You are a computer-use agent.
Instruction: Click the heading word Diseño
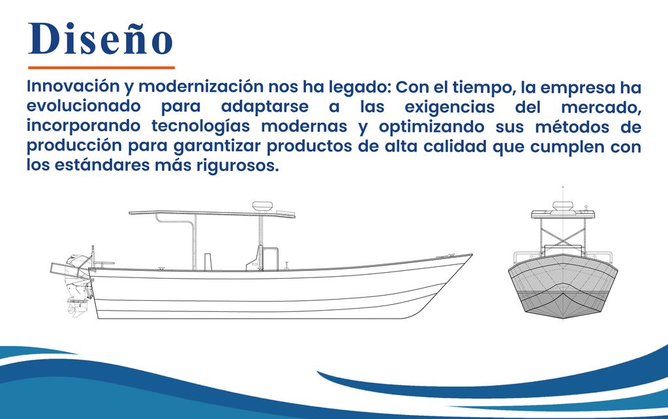(x=100, y=39)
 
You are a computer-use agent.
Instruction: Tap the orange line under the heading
(x=101, y=67)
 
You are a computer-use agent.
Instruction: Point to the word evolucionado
(x=83, y=106)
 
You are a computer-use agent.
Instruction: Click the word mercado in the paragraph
(x=601, y=107)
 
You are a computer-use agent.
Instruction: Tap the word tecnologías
(x=206, y=127)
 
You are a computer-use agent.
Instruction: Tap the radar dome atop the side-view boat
(x=262, y=206)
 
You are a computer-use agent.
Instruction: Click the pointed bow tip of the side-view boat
(x=472, y=255)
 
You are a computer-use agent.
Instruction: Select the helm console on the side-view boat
(x=262, y=258)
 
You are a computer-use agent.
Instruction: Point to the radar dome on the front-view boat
(x=562, y=206)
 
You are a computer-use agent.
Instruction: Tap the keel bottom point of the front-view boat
(x=563, y=317)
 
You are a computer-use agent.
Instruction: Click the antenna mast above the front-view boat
(x=563, y=194)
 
